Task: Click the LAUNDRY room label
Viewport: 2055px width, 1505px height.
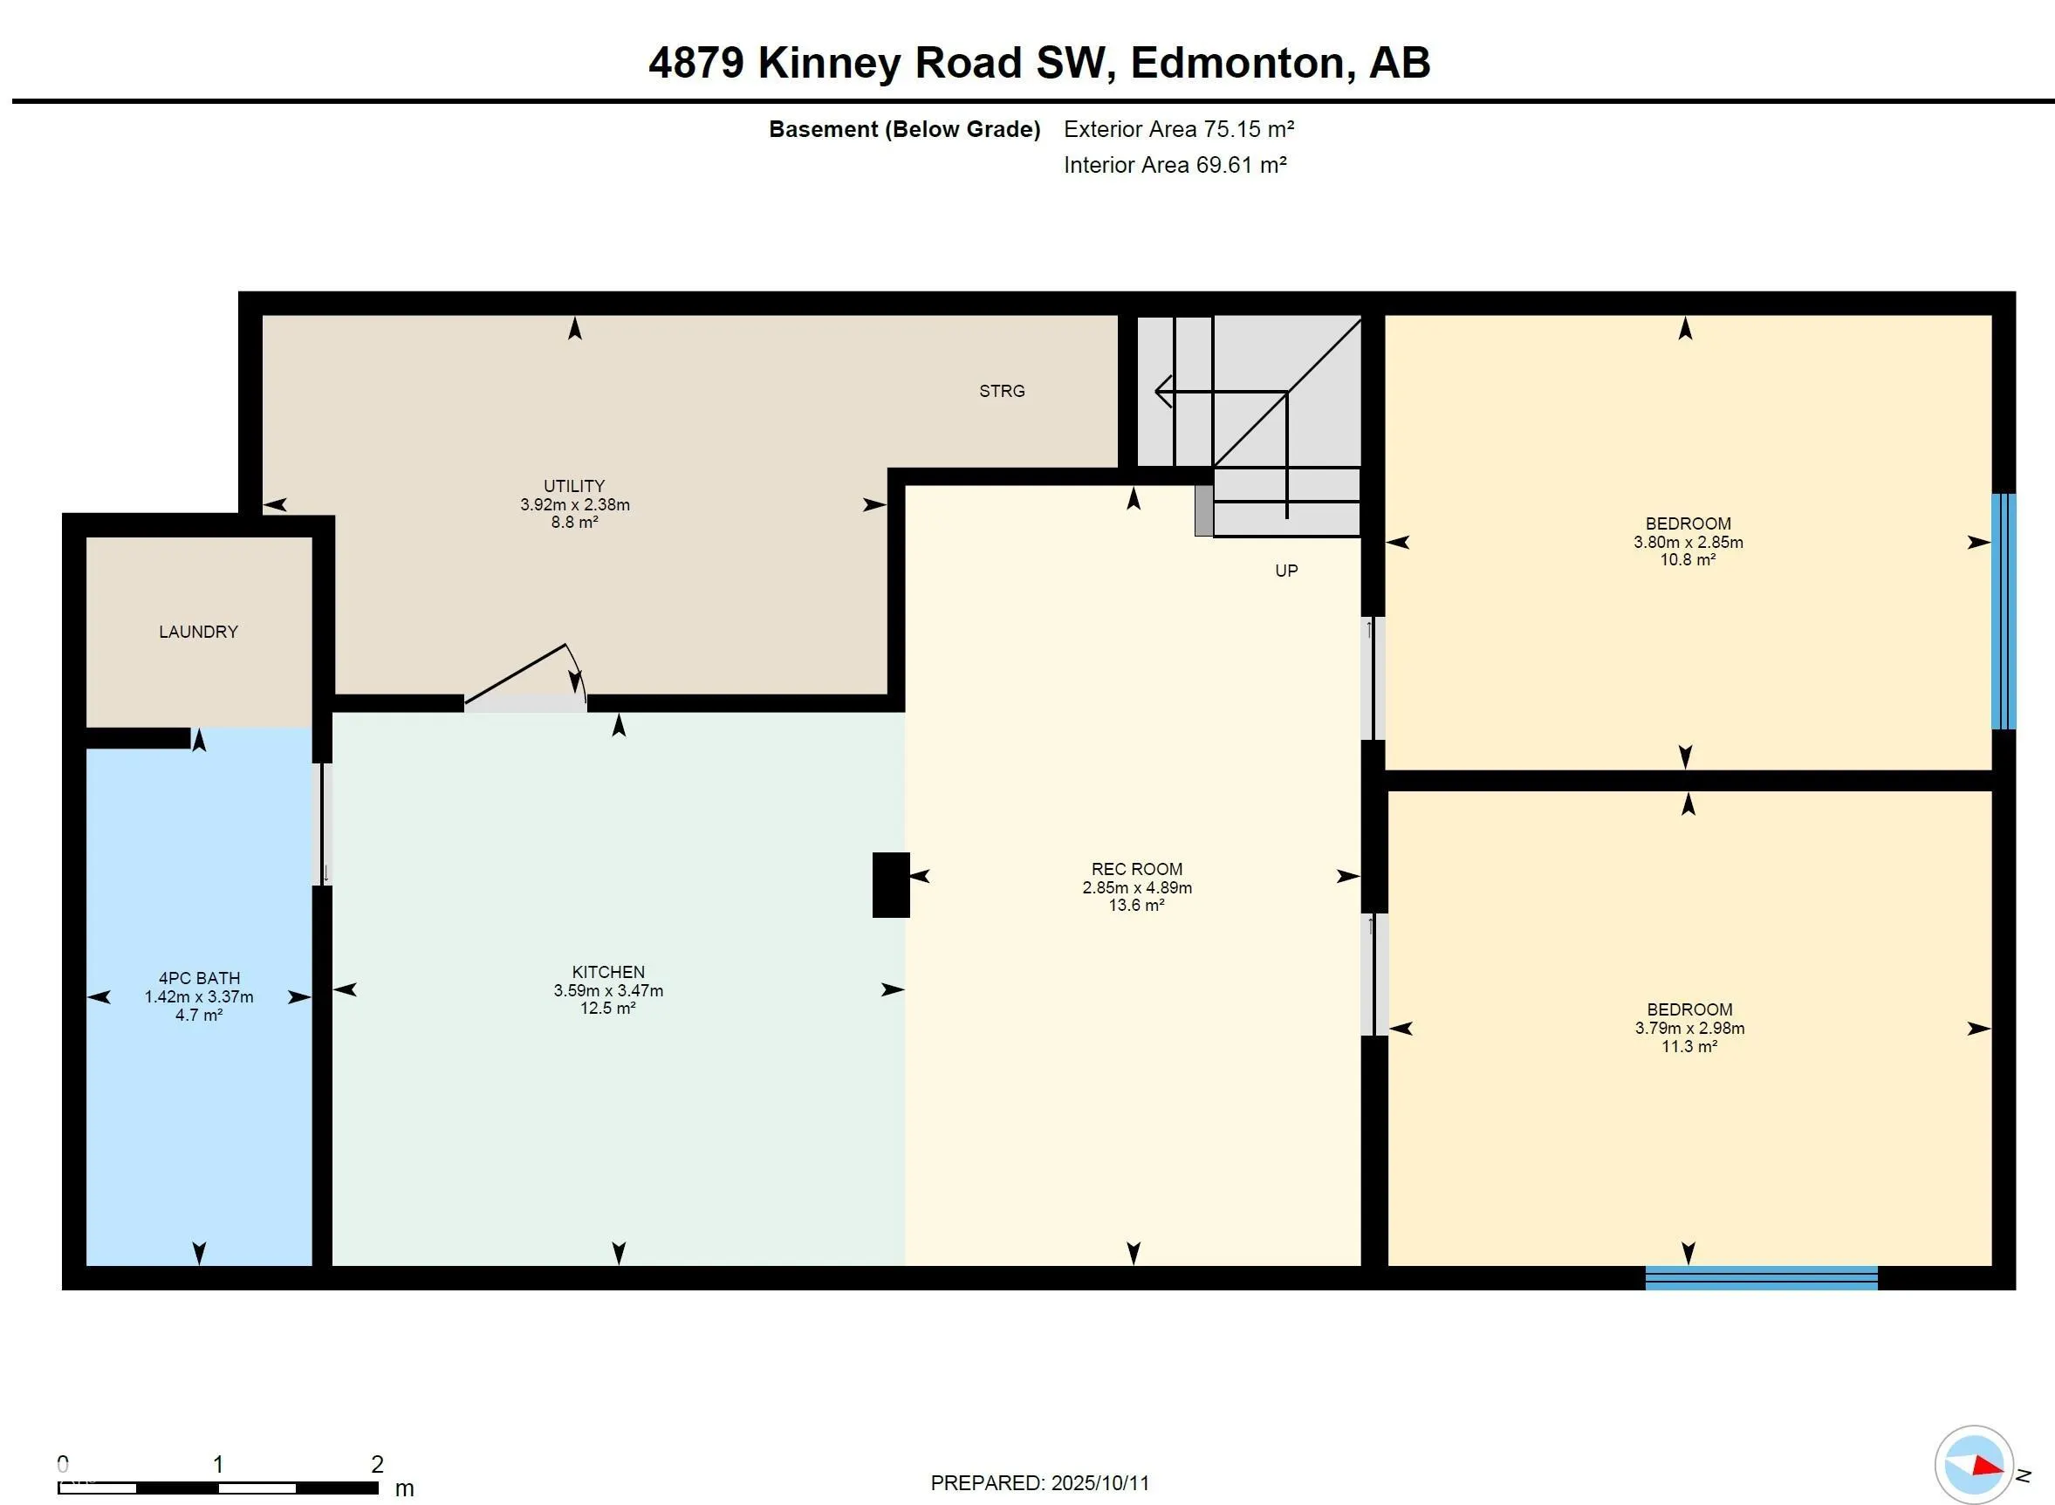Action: [x=199, y=632]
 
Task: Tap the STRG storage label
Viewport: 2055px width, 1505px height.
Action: [x=1002, y=391]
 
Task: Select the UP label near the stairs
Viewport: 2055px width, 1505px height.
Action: [x=1286, y=571]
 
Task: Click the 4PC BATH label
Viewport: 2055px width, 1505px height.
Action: [x=200, y=977]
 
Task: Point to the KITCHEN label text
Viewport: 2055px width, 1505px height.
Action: [x=608, y=972]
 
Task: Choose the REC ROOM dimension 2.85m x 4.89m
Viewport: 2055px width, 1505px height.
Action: [x=1137, y=887]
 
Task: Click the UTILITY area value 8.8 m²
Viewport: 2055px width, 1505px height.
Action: [x=575, y=522]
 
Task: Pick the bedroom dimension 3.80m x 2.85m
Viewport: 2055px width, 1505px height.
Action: [x=1688, y=542]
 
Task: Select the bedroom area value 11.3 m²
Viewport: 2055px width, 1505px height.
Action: [x=1689, y=1046]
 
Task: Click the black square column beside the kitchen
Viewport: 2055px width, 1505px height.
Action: [x=891, y=885]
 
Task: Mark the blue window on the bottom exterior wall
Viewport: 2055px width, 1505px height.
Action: [x=1762, y=1278]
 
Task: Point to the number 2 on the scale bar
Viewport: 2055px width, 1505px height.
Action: [x=377, y=1464]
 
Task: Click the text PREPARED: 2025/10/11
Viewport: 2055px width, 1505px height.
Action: [x=1039, y=1482]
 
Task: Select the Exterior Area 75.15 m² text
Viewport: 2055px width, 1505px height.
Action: [x=1179, y=129]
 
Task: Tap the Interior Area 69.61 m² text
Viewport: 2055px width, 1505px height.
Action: [x=1175, y=165]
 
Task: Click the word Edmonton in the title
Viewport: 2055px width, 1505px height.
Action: [x=1237, y=63]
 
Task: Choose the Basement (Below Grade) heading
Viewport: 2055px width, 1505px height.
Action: [x=905, y=129]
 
